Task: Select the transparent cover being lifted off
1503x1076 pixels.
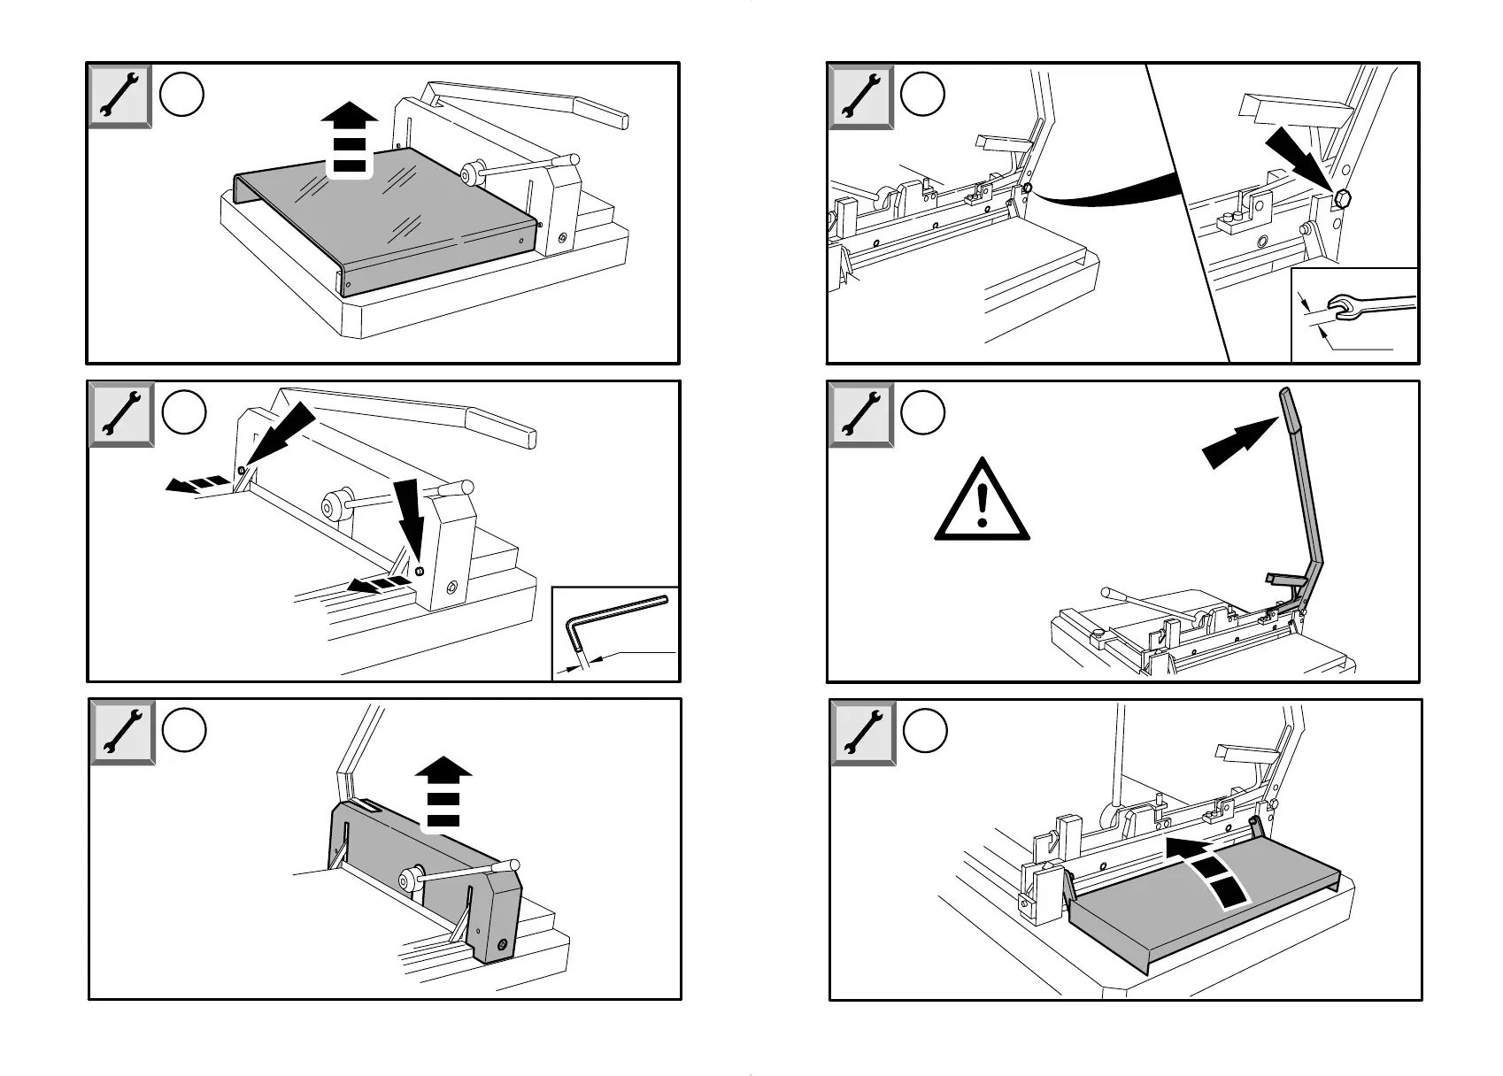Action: [385, 218]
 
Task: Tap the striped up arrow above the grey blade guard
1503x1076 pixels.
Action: [443, 793]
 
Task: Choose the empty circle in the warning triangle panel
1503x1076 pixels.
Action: [923, 412]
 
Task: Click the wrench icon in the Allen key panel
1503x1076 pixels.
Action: [121, 414]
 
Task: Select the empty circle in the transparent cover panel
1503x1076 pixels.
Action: [183, 94]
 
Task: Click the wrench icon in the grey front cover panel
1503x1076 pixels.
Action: [861, 732]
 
